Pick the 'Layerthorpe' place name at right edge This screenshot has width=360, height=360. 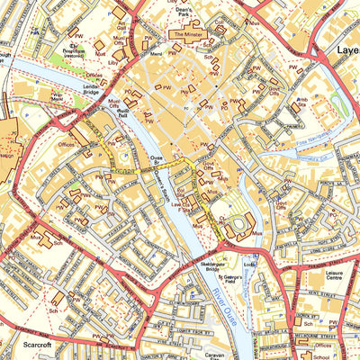click(x=346, y=51)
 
